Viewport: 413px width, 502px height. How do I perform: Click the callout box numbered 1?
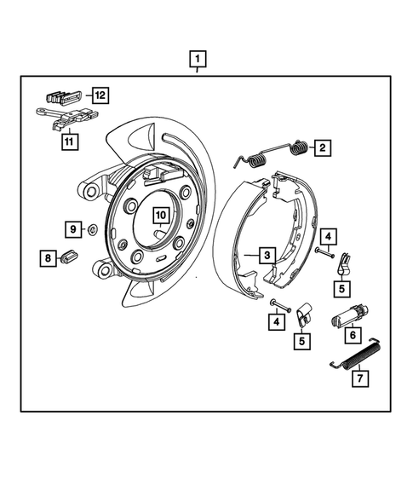click(197, 60)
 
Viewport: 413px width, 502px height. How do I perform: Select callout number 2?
click(323, 147)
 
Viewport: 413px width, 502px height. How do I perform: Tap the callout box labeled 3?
click(266, 254)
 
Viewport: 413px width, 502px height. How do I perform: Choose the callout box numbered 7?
click(359, 376)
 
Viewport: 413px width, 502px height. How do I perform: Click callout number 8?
click(49, 257)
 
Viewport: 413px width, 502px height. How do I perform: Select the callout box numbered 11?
click(68, 143)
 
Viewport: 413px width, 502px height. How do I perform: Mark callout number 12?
click(100, 95)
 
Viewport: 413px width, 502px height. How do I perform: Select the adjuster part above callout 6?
click(349, 314)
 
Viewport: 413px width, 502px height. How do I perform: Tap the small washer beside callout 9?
click(92, 229)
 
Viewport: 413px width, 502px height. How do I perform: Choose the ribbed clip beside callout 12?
click(64, 95)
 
